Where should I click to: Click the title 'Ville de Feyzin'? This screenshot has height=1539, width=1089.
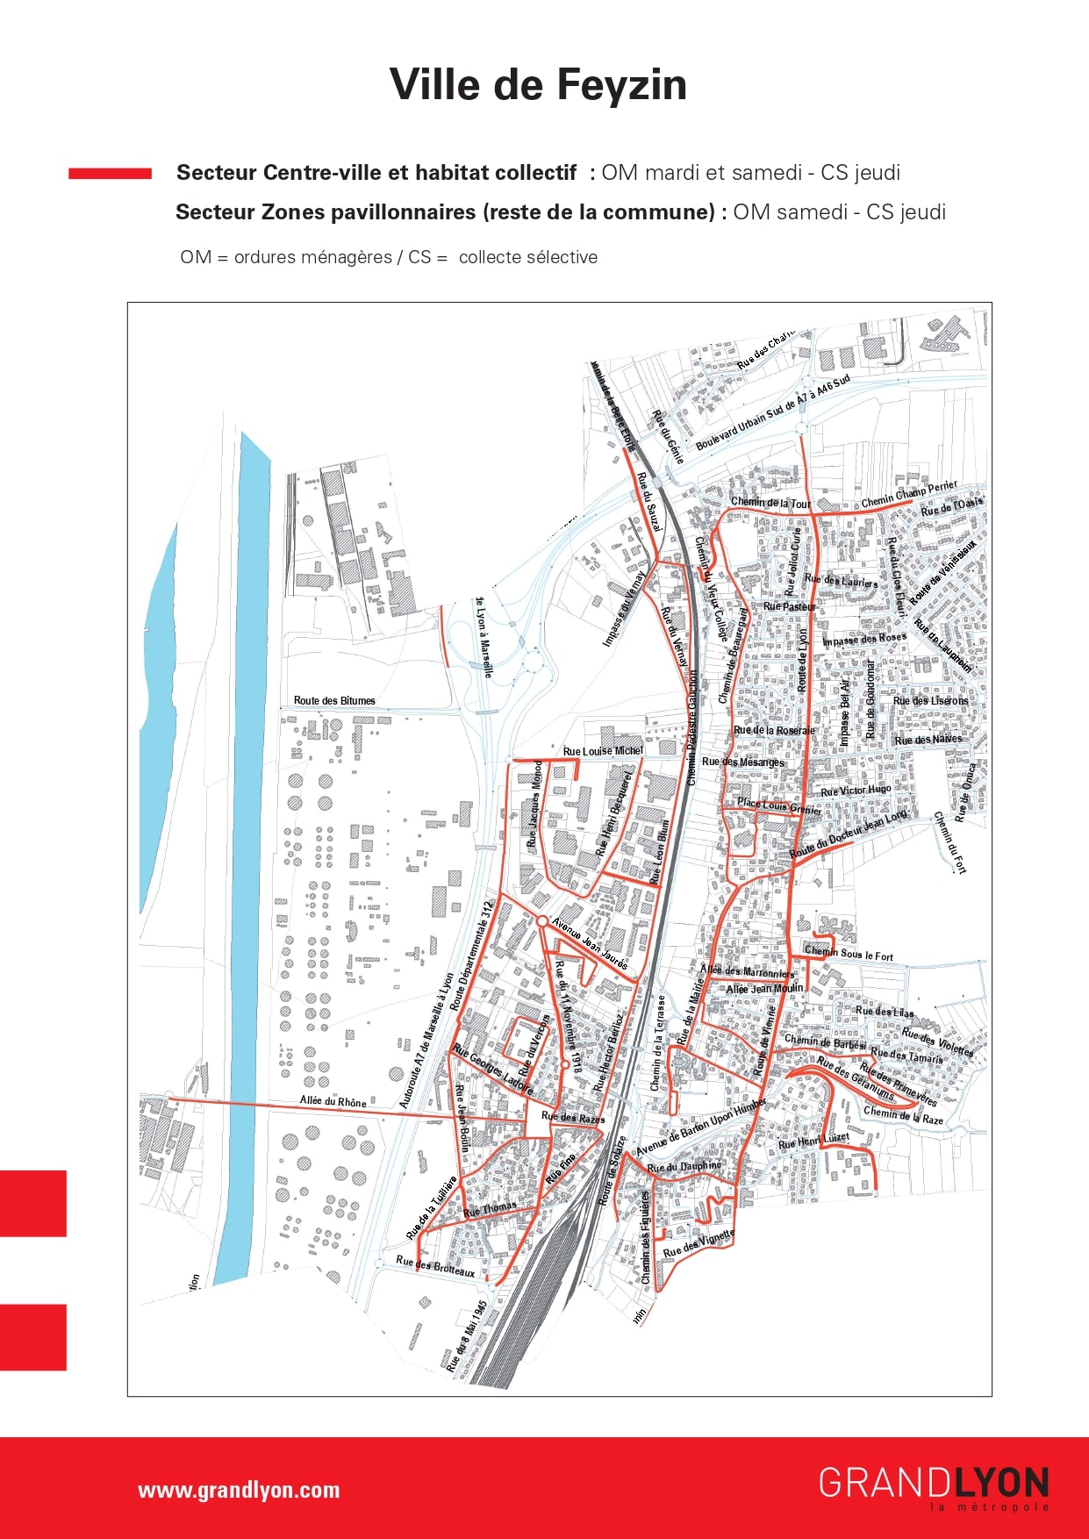[x=538, y=85]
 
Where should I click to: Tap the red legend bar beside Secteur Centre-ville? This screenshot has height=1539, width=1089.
[x=110, y=174]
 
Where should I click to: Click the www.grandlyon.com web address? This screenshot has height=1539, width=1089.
[x=238, y=1490]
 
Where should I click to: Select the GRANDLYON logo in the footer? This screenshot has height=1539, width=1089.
[x=934, y=1485]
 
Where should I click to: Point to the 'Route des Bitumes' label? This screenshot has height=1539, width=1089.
[x=334, y=700]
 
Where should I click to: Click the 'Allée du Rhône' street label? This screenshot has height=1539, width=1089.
[x=333, y=1101]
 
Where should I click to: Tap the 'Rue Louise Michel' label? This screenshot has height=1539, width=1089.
[x=603, y=751]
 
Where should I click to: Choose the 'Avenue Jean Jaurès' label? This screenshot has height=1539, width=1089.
[x=591, y=944]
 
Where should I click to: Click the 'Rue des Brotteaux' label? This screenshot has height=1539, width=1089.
[x=435, y=1266]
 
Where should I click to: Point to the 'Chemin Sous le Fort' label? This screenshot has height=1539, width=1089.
[x=849, y=954]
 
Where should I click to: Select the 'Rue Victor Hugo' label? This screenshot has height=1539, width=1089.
[x=856, y=791]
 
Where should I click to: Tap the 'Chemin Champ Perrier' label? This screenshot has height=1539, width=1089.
[x=909, y=494]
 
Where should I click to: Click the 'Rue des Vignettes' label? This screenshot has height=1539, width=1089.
[x=699, y=1244]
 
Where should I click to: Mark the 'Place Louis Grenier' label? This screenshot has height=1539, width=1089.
[x=779, y=805]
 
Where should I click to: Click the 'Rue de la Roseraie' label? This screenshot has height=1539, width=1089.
[x=773, y=730]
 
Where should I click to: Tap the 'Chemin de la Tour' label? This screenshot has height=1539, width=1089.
[x=771, y=503]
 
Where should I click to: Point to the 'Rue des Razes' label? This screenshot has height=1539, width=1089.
[x=573, y=1118]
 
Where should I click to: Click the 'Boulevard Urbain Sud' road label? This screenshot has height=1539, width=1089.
[x=772, y=414]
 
